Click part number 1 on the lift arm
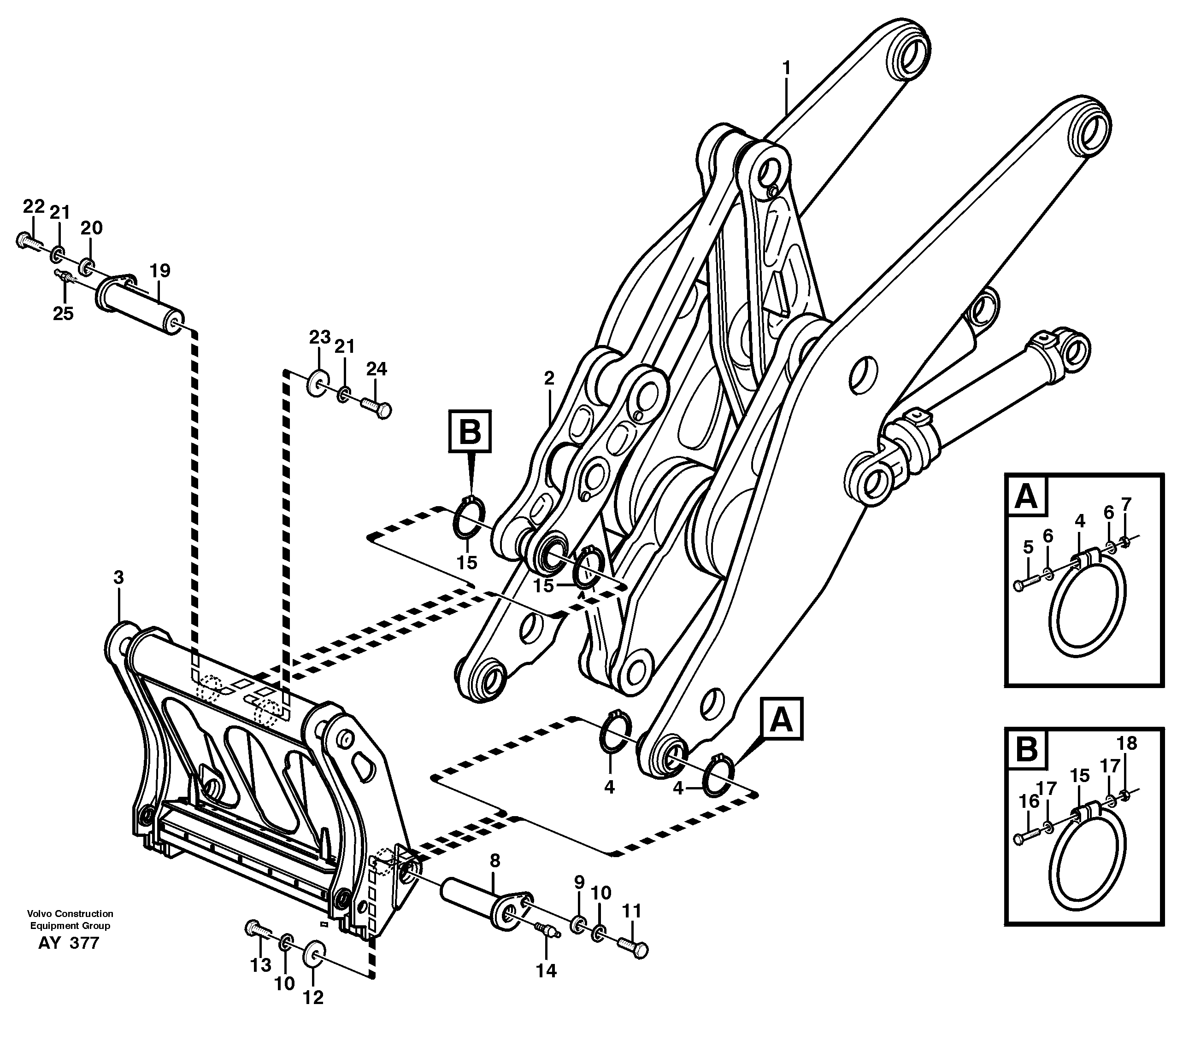[x=786, y=69]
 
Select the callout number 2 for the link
[x=548, y=378]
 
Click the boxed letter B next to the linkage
[x=470, y=432]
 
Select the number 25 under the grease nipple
[x=63, y=314]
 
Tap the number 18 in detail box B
[x=1127, y=743]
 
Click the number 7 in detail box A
[x=1126, y=503]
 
